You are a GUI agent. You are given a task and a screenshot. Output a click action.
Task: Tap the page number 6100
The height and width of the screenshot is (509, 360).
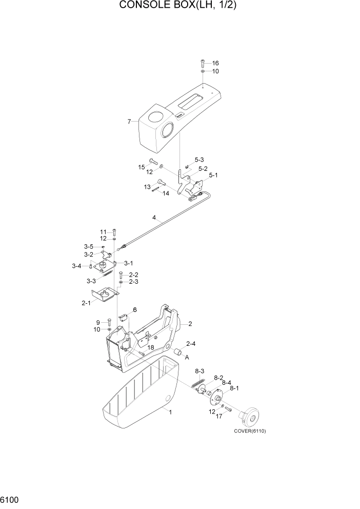pos(11,499)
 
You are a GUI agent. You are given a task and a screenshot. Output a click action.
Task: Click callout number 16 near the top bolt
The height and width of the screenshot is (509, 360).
pos(215,63)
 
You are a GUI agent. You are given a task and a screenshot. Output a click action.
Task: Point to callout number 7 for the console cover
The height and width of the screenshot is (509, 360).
pos(130,122)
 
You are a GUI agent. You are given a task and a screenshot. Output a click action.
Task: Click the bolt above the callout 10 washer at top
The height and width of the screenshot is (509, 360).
pos(203,63)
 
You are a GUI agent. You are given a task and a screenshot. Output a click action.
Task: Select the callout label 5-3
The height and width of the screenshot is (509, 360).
pos(199,160)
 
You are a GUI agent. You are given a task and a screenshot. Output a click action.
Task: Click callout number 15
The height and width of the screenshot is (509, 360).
pos(141,167)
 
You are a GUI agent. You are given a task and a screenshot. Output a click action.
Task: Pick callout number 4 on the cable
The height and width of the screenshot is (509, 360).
pos(154,218)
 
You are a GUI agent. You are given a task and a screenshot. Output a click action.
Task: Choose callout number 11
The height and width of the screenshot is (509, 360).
pos(103,231)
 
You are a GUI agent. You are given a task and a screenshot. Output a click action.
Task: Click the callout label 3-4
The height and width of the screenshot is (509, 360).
pos(77,266)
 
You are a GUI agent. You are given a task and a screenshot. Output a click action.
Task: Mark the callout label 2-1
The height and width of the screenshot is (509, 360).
pos(86,303)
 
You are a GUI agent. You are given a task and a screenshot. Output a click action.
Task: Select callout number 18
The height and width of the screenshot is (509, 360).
pos(151,348)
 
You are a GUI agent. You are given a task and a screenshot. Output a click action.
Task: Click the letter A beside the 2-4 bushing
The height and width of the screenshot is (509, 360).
pos(187,357)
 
